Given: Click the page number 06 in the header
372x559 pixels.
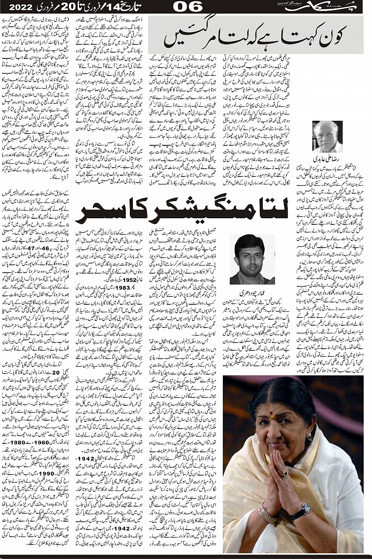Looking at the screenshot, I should pyautogui.click(x=188, y=7).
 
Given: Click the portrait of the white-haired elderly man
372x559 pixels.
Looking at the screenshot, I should pyautogui.click(x=327, y=137).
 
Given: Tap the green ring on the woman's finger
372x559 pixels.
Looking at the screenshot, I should pyautogui.click(x=285, y=474).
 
